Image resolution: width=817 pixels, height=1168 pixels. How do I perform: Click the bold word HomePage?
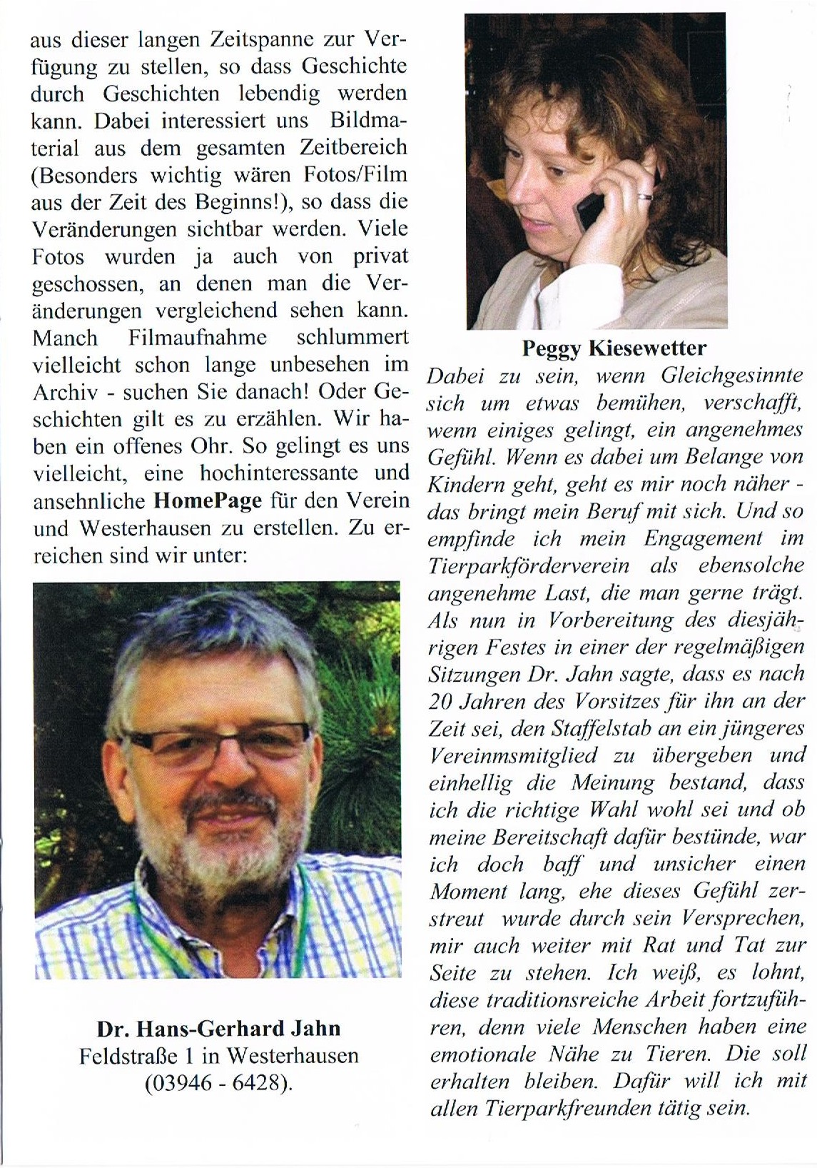click(208, 500)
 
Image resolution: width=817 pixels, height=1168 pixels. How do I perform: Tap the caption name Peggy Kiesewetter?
click(614, 348)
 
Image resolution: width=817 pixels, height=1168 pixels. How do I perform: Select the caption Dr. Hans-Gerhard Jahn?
click(218, 1029)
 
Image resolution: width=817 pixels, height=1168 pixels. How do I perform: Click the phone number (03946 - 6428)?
click(218, 1083)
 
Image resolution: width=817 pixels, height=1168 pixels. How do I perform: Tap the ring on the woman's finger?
click(644, 195)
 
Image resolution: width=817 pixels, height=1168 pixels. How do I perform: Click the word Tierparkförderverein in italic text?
click(529, 566)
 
